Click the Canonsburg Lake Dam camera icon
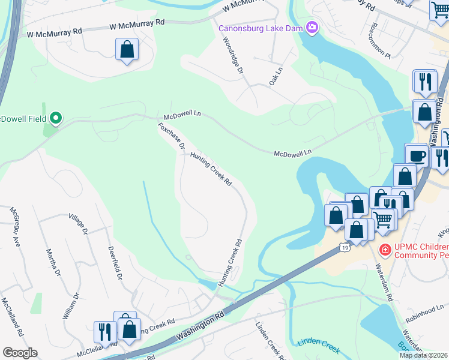(x=312, y=28)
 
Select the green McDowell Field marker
(x=56, y=118)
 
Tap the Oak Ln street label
(x=276, y=75)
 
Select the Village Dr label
(x=79, y=223)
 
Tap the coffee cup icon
(x=417, y=155)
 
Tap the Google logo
(x=20, y=353)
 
